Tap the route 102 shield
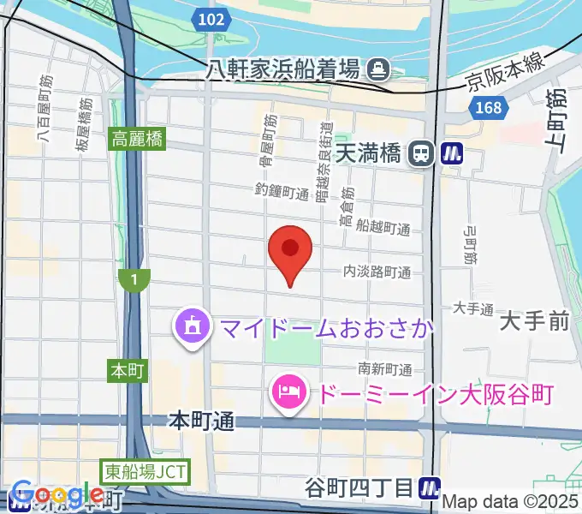[210, 19]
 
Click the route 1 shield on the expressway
[134, 279]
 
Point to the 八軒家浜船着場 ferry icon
[377, 68]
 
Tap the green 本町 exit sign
[129, 370]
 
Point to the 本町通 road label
[201, 421]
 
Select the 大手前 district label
[535, 322]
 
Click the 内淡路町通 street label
[377, 272]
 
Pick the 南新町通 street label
[385, 369]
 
